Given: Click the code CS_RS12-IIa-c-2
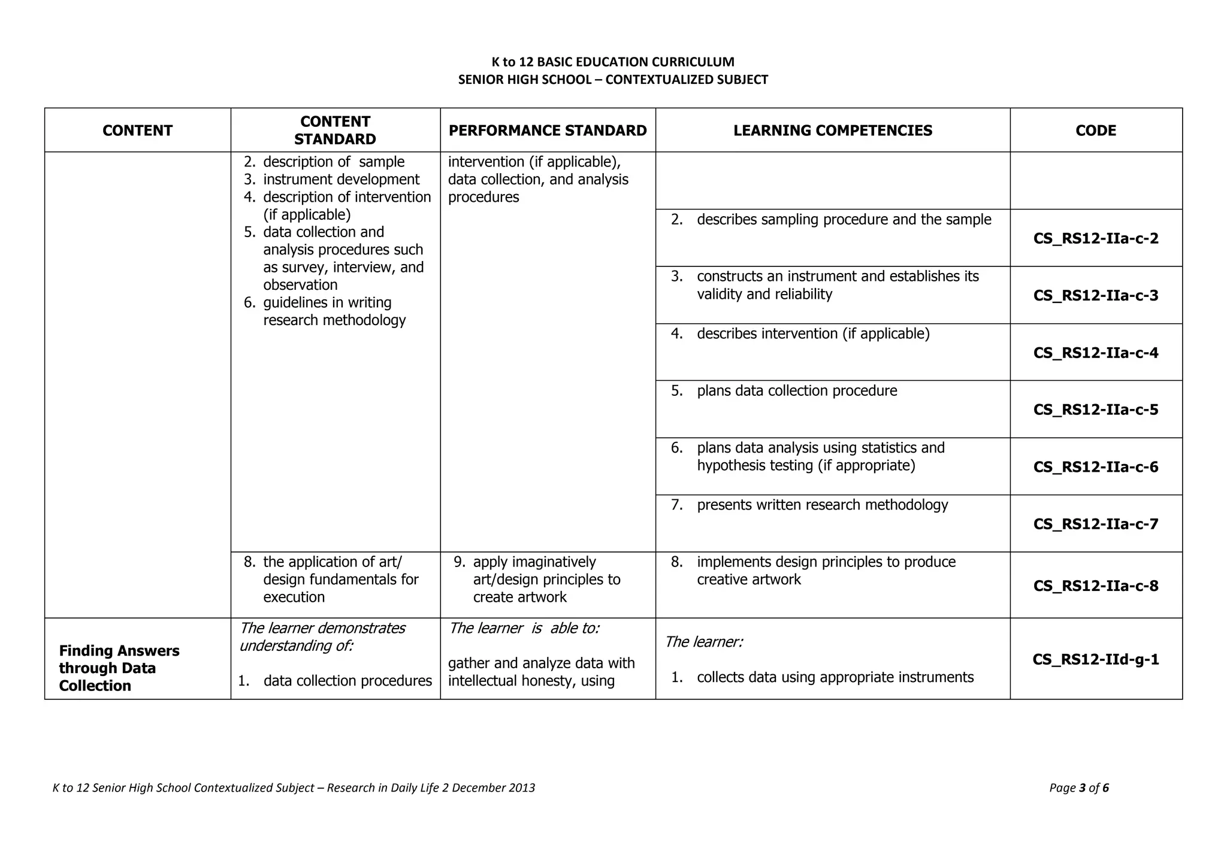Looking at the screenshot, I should [1096, 238].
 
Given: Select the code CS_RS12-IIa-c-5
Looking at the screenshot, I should [1096, 410].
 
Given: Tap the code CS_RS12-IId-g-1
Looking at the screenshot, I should [1096, 659].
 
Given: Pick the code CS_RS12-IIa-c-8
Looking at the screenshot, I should [1096, 586].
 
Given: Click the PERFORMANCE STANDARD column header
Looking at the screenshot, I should [548, 131].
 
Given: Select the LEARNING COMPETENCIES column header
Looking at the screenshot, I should [833, 131].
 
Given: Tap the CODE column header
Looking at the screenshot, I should [1096, 131].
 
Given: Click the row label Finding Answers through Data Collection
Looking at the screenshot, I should [119, 668].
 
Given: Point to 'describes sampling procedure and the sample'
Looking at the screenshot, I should [844, 220].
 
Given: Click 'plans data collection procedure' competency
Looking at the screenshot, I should [797, 391].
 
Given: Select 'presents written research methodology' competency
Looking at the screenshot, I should [822, 505].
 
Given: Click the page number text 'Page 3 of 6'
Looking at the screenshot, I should [1078, 788].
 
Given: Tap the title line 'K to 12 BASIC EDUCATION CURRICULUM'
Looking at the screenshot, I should [613, 62].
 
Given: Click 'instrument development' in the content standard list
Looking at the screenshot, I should [341, 180].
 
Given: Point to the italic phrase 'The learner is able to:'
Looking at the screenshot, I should [524, 628].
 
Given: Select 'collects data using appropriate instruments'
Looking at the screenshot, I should [835, 677].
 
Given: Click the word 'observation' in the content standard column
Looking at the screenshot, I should [300, 285].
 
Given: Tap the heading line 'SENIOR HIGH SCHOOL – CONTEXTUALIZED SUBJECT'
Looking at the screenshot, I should [613, 80].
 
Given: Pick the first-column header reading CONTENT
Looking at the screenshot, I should [137, 131].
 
